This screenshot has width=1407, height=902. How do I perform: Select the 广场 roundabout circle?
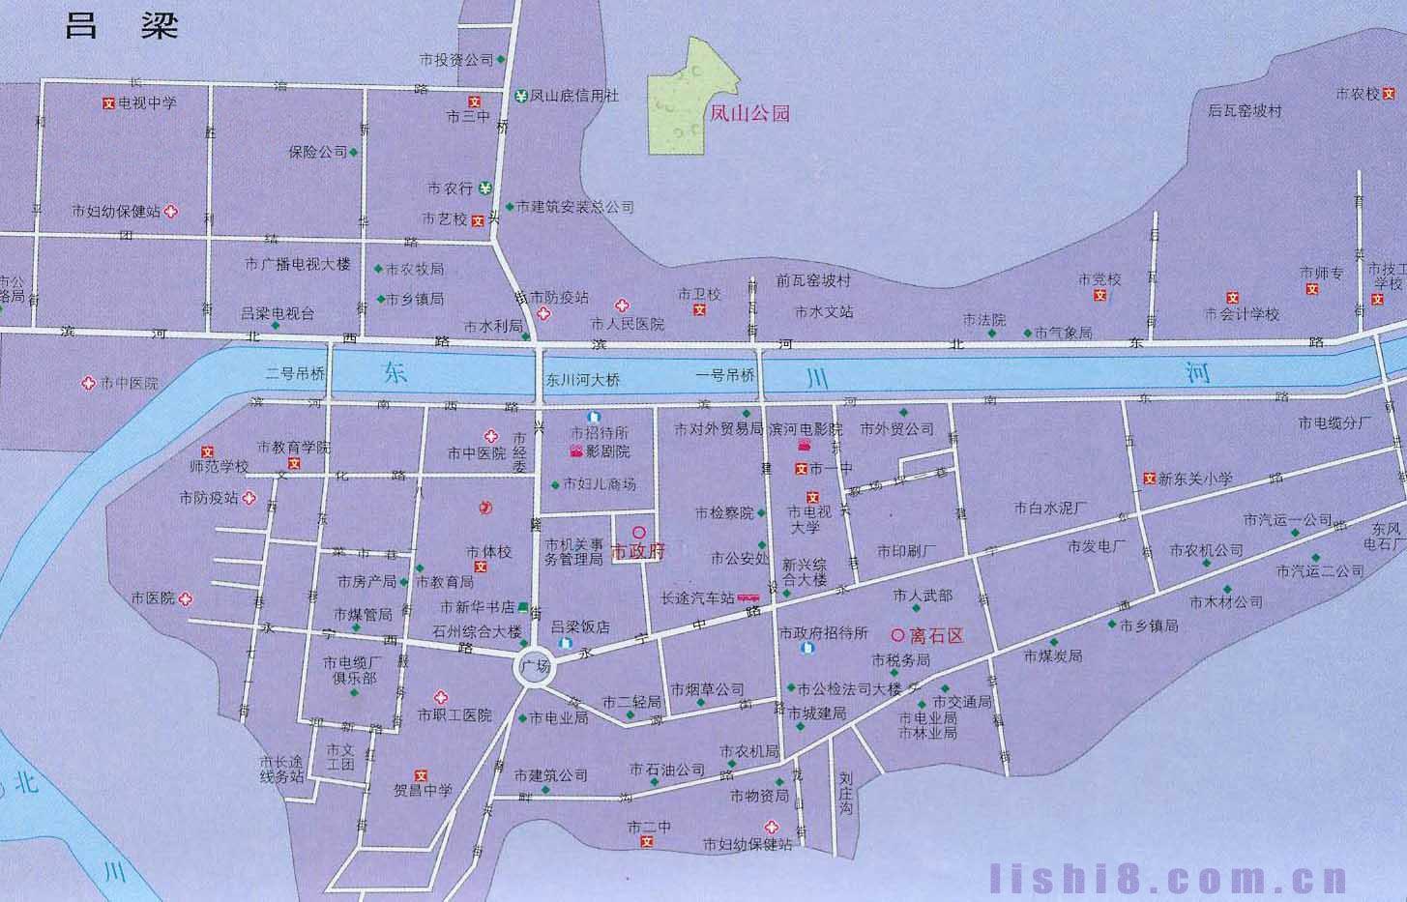point(534,667)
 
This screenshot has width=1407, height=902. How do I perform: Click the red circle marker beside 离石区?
point(896,635)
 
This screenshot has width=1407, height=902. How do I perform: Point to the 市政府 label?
point(639,551)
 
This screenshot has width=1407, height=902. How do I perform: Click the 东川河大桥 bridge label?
point(582,380)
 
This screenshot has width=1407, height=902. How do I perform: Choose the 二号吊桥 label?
point(295,374)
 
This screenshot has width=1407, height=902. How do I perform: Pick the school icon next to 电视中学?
point(108,102)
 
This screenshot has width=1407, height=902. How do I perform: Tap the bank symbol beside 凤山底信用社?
point(521,96)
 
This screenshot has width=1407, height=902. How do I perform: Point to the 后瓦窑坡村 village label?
point(1245,110)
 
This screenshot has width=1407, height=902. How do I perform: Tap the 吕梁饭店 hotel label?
point(580,626)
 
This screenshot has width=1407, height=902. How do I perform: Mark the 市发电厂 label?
point(1098,546)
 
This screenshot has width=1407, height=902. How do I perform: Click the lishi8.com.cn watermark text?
point(1169,879)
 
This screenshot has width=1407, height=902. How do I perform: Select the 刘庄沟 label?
point(846,793)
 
